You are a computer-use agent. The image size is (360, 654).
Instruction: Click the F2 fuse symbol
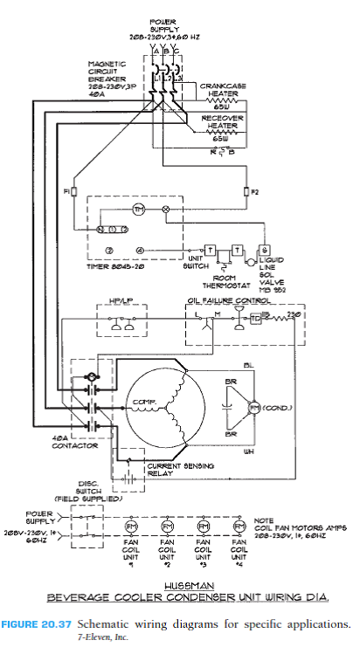pos(243,190)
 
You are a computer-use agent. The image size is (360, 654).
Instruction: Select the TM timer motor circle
pos(138,211)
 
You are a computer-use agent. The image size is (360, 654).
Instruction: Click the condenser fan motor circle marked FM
pos(256,409)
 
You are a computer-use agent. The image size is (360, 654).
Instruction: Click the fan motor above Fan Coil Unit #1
pos(132,528)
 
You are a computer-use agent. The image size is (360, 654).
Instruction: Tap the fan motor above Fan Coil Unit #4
pos(239,528)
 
